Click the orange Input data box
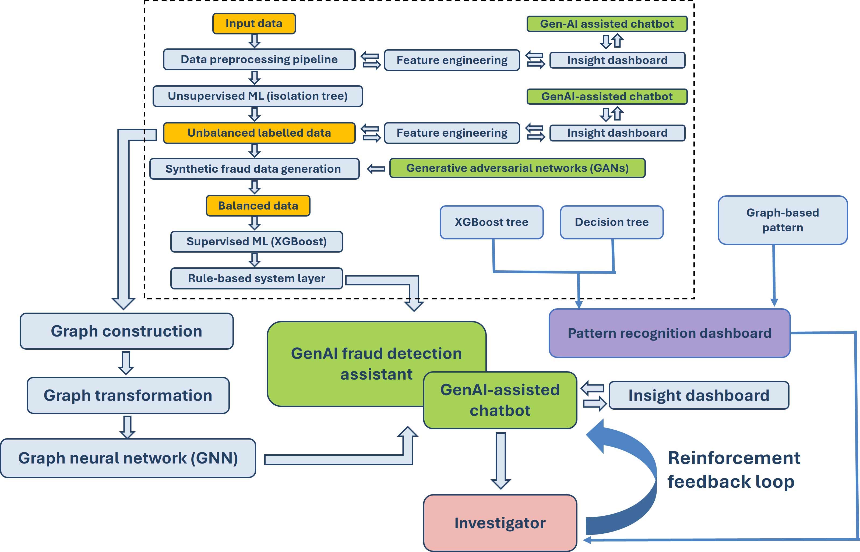(x=254, y=24)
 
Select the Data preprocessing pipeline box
(x=259, y=59)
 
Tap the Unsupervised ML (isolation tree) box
(x=258, y=96)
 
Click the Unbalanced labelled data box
(x=259, y=133)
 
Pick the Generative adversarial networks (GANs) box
(x=517, y=168)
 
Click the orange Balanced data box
(x=258, y=206)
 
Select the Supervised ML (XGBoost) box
(x=256, y=242)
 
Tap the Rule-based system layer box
(x=256, y=278)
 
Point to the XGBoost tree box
(x=491, y=222)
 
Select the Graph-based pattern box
(x=782, y=220)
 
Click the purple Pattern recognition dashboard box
(x=669, y=333)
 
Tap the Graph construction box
(x=126, y=331)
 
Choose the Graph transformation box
(x=128, y=395)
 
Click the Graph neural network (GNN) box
(x=128, y=458)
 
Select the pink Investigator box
(x=500, y=523)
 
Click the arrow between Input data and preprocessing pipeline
(x=254, y=41)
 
